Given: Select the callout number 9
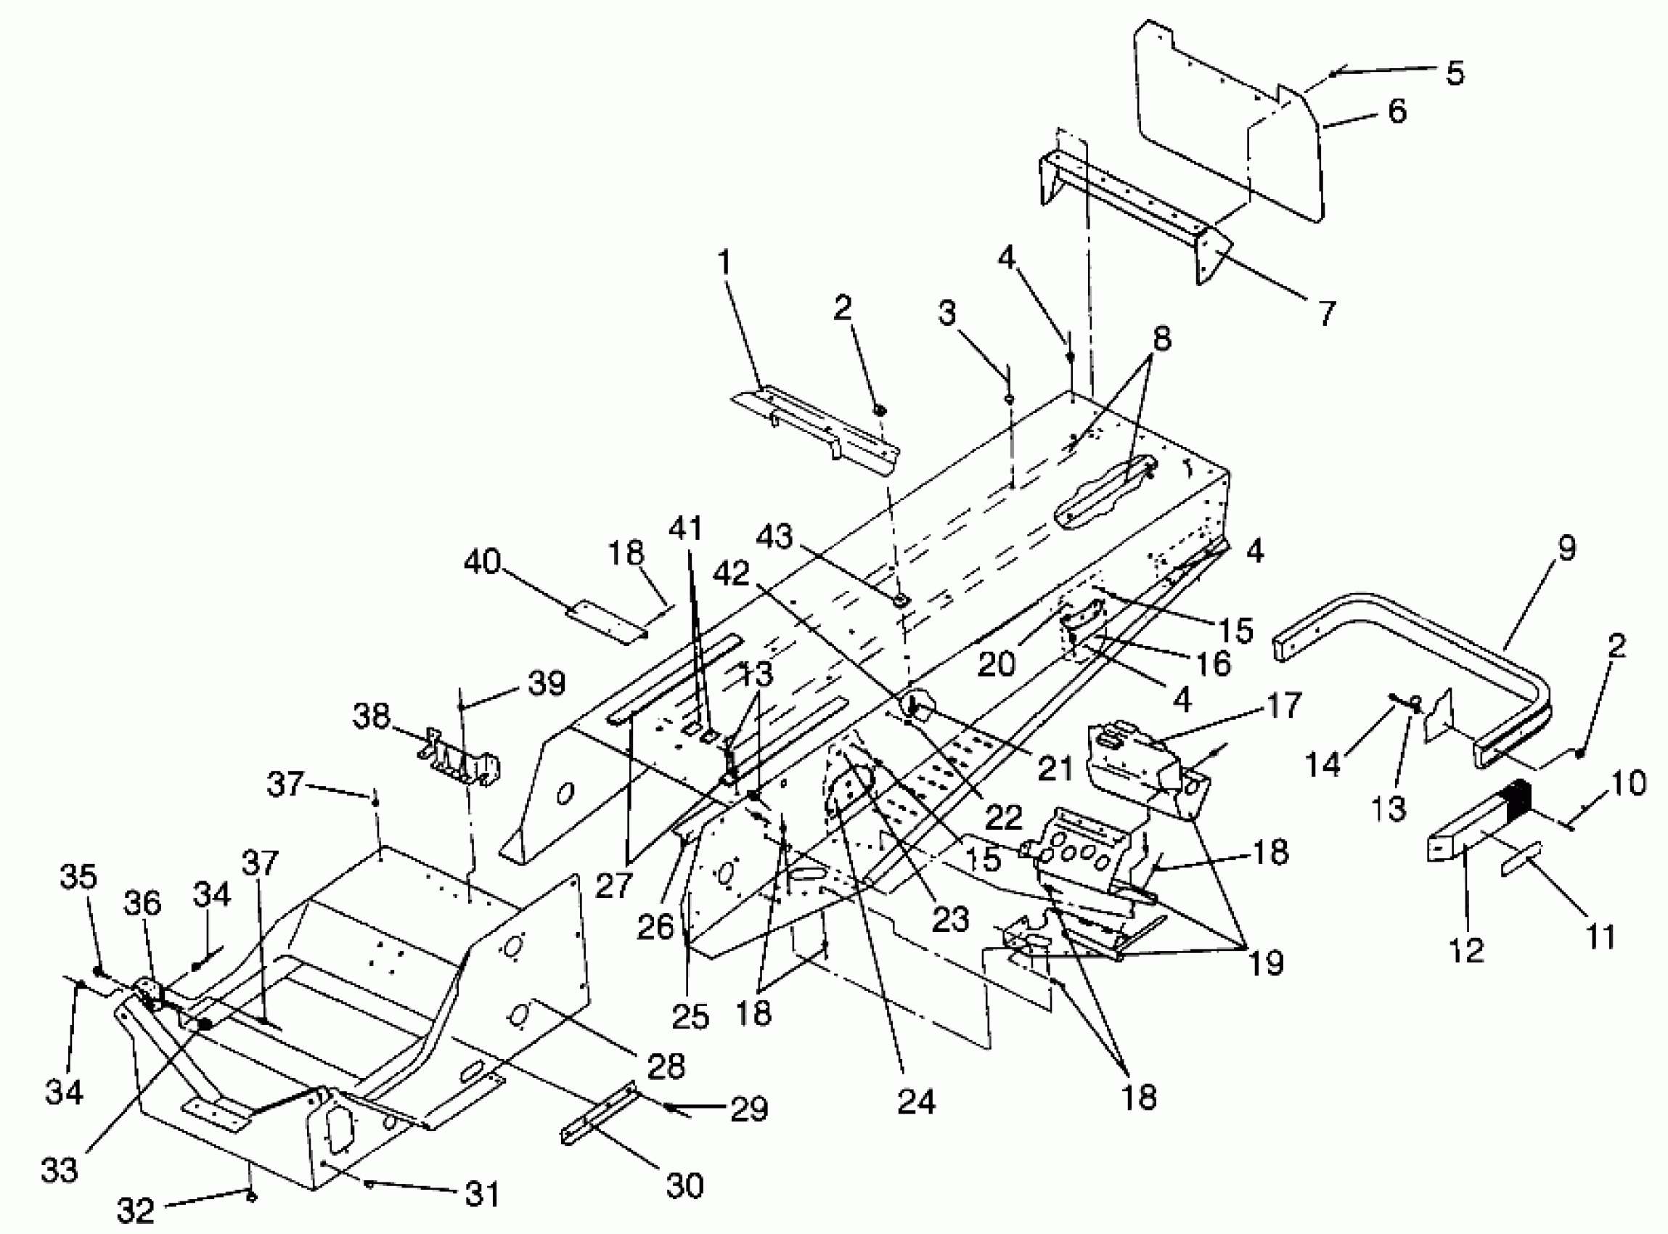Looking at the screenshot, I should (1566, 547).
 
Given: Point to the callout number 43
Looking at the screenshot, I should (774, 536).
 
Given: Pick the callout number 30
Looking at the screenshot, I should (684, 1185).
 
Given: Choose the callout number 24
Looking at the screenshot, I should (916, 1102).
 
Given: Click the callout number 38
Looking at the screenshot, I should (371, 716).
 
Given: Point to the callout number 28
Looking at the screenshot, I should (666, 1066).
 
